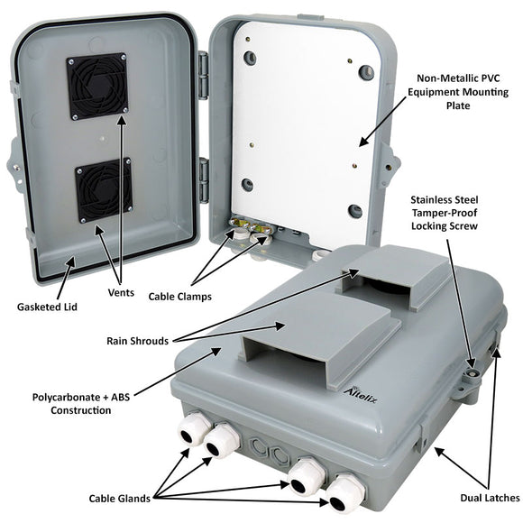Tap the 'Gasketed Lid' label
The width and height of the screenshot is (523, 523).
tap(45, 307)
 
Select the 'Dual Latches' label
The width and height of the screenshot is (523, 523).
tap(487, 497)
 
